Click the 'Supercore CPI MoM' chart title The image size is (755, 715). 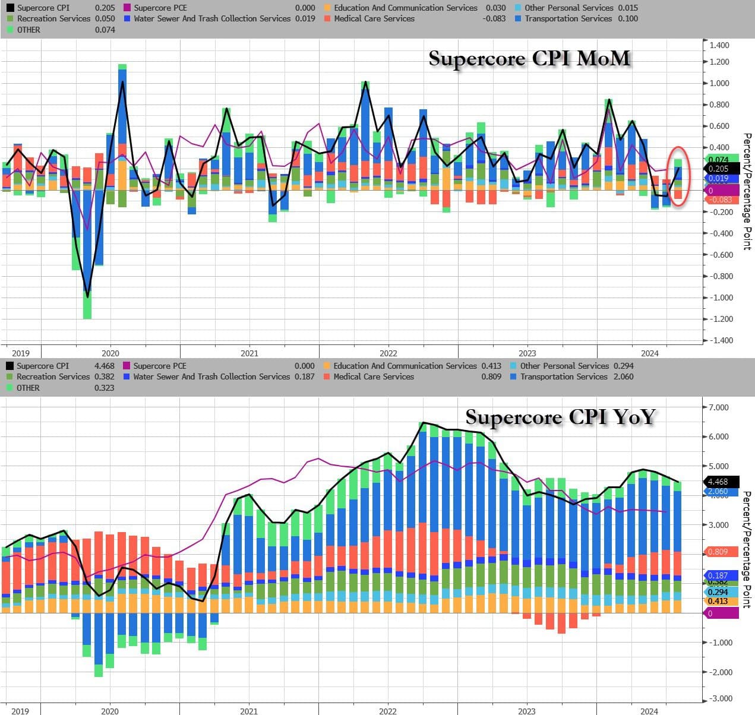(x=529, y=59)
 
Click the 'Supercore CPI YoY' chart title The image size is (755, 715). (x=560, y=417)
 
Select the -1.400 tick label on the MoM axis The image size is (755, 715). (x=719, y=340)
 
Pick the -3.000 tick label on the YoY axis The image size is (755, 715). (x=719, y=698)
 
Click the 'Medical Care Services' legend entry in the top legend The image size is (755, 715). (x=374, y=18)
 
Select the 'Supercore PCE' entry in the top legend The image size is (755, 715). (x=160, y=8)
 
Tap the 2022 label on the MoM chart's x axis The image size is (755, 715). (x=388, y=353)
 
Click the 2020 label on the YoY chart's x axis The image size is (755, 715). (x=110, y=711)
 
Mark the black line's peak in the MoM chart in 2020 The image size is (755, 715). (x=122, y=81)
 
